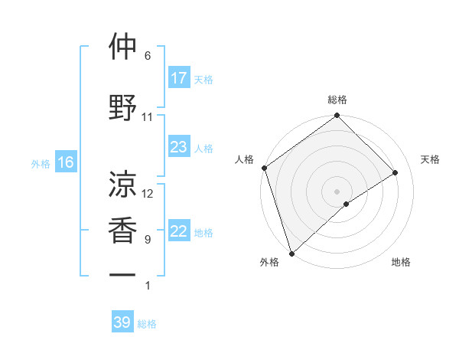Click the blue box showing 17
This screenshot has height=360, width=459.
pos(179,78)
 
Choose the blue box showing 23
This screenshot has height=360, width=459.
pos(179,147)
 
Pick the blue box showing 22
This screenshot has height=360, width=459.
pos(179,232)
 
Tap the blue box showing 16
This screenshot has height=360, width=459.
pos(66,162)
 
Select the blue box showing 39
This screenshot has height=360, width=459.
pos(122,322)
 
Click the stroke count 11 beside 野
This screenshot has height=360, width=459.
pos(148,117)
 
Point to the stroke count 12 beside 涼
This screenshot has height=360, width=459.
pos(148,194)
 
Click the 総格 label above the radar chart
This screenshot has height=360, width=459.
pos(337,100)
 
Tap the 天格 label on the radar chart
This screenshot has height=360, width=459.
pos(430,159)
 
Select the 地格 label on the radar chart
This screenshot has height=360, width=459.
pos(401,263)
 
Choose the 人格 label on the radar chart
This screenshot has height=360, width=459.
pos(244,159)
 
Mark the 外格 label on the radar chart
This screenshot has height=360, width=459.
pos(269,263)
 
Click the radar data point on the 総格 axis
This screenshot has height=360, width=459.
pos(337,116)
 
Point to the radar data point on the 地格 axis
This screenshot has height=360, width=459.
pos(347,204)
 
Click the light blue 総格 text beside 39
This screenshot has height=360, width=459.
pos(148,324)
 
